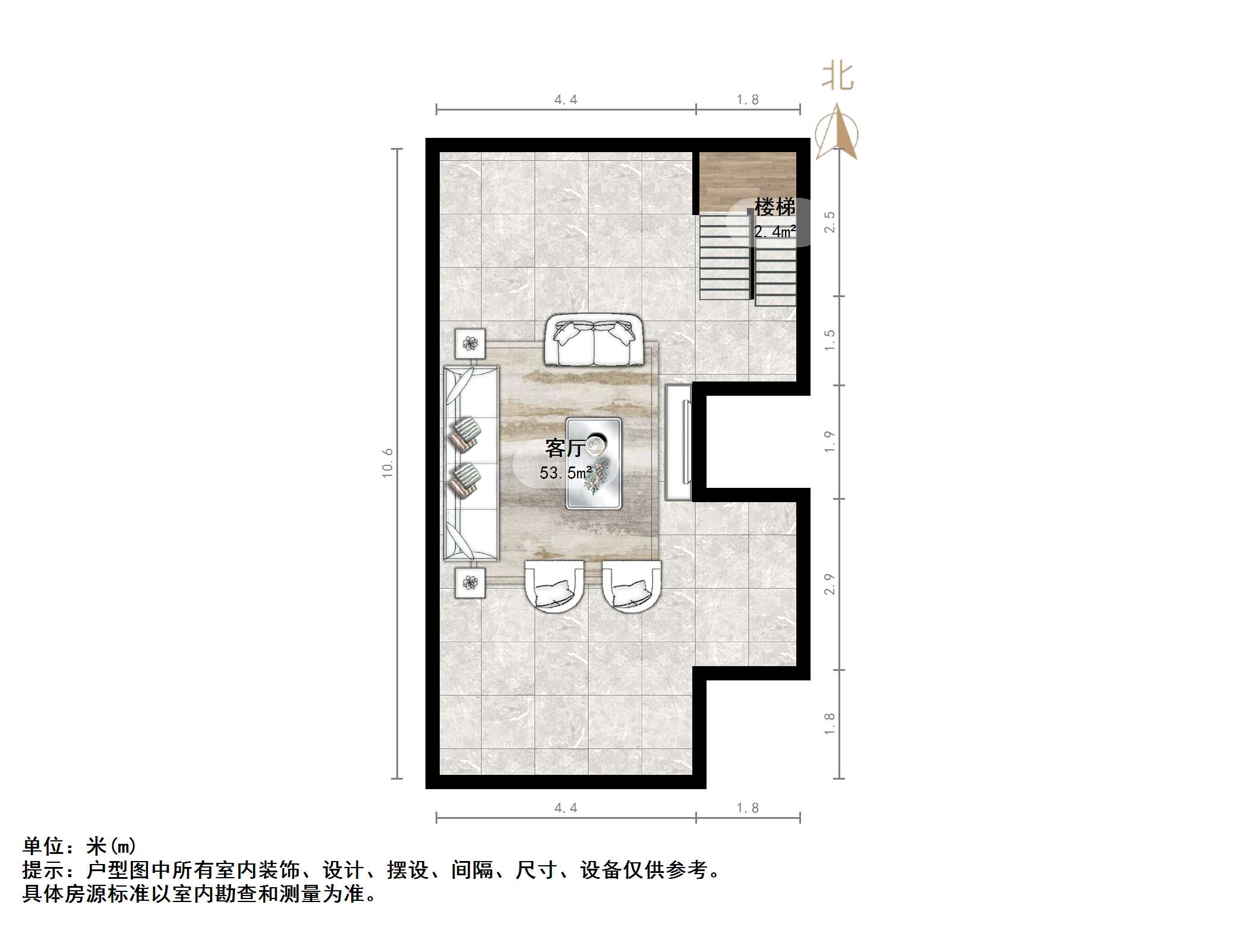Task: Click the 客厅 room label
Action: pos(564,448)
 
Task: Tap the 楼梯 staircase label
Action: pos(774,207)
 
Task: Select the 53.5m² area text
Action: pos(565,473)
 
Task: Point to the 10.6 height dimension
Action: pos(387,463)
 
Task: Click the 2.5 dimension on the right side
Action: pos(830,222)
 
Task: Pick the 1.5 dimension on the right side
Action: pos(830,340)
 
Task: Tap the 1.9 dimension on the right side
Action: pos(830,442)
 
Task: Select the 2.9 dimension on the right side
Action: pos(830,584)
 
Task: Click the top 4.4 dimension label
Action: pos(566,100)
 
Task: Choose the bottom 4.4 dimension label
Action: pos(566,808)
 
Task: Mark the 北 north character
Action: pos(838,77)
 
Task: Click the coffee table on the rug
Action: pos(593,463)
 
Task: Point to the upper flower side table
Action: pos(470,343)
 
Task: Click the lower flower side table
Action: pos(470,583)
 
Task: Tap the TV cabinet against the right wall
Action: pos(679,442)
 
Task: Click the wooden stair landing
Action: pos(747,178)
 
